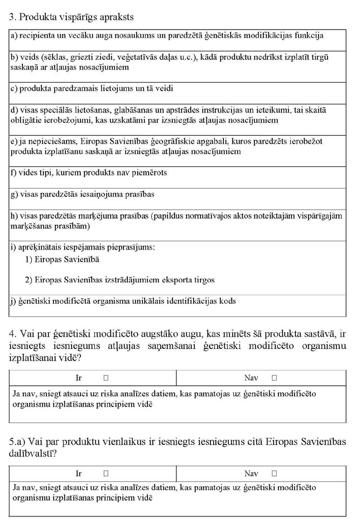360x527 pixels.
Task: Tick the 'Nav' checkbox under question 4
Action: [x=274, y=378]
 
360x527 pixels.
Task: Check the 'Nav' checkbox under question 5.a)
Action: [x=274, y=473]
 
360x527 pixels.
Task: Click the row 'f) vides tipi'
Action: [x=89, y=173]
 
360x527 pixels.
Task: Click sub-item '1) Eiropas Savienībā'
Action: [x=63, y=259]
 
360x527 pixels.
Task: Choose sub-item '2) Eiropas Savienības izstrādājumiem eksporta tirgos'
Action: [x=119, y=280]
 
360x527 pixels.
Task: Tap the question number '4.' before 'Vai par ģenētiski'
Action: [x=14, y=334]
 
